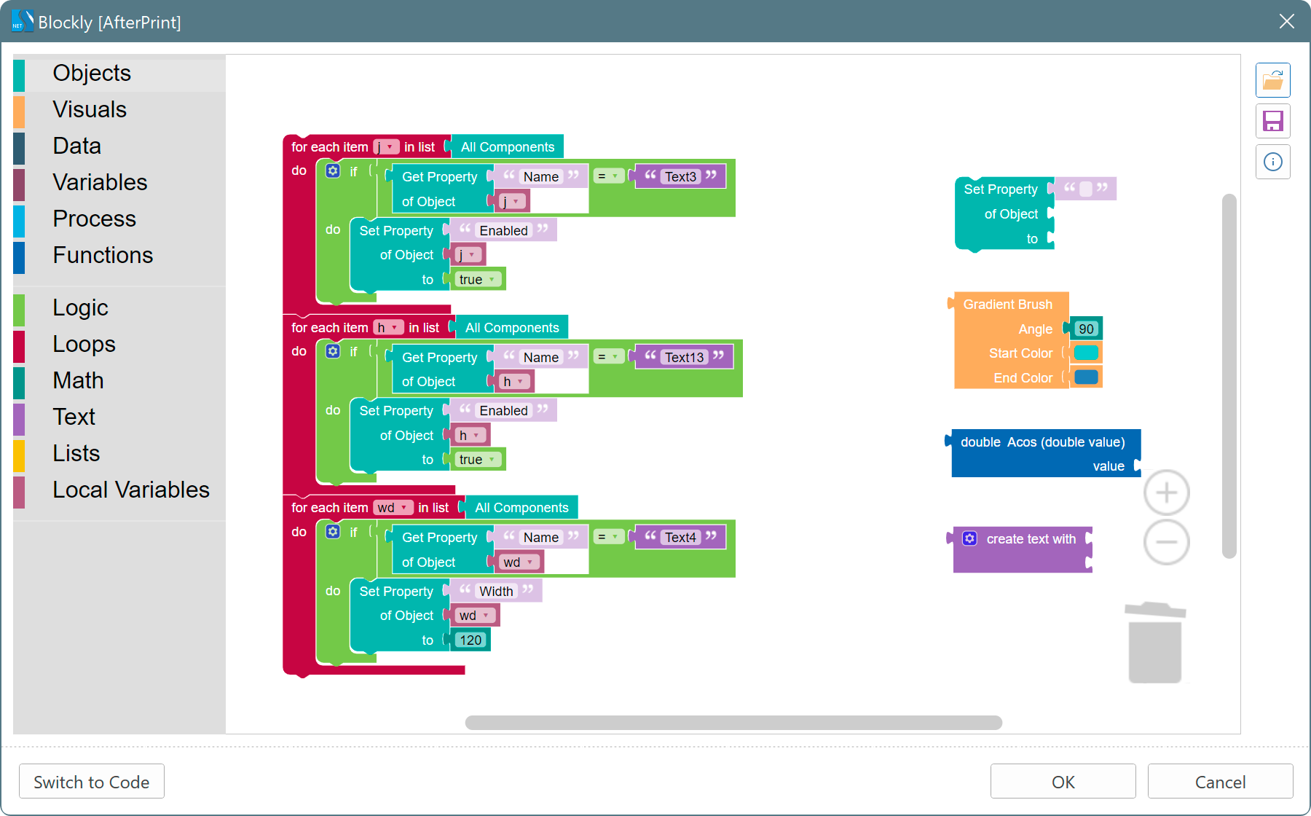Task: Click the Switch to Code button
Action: click(x=92, y=782)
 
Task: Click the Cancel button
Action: click(x=1220, y=782)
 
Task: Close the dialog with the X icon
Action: click(x=1287, y=21)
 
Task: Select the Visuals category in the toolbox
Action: click(x=90, y=109)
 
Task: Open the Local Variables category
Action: click(x=131, y=490)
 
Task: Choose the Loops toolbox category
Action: click(x=84, y=344)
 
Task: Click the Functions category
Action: click(x=103, y=255)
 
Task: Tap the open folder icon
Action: click(x=1272, y=80)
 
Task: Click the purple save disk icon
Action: click(x=1272, y=121)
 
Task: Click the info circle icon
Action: click(x=1272, y=162)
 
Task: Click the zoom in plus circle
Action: click(x=1166, y=493)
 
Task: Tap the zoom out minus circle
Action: click(x=1166, y=542)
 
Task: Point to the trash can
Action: click(x=1155, y=643)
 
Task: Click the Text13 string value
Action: click(x=684, y=357)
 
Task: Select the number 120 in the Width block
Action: click(x=471, y=640)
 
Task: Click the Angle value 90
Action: click(x=1086, y=329)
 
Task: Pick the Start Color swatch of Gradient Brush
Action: click(x=1086, y=353)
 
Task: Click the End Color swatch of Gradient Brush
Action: click(x=1086, y=377)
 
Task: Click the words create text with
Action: click(x=1031, y=539)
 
